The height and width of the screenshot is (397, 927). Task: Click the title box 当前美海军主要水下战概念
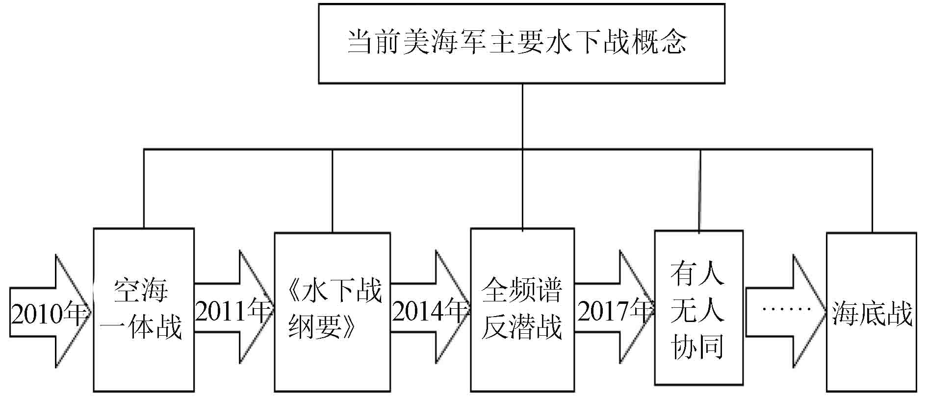click(x=521, y=44)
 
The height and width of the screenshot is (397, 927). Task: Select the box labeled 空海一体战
click(x=144, y=310)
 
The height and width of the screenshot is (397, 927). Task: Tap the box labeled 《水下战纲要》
click(x=332, y=312)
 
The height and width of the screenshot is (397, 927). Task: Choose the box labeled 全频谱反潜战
click(x=522, y=310)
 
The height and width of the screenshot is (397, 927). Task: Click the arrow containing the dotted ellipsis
click(x=785, y=311)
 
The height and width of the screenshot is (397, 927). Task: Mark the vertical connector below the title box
click(x=522, y=116)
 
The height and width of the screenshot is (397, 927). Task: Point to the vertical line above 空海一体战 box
click(x=144, y=189)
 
